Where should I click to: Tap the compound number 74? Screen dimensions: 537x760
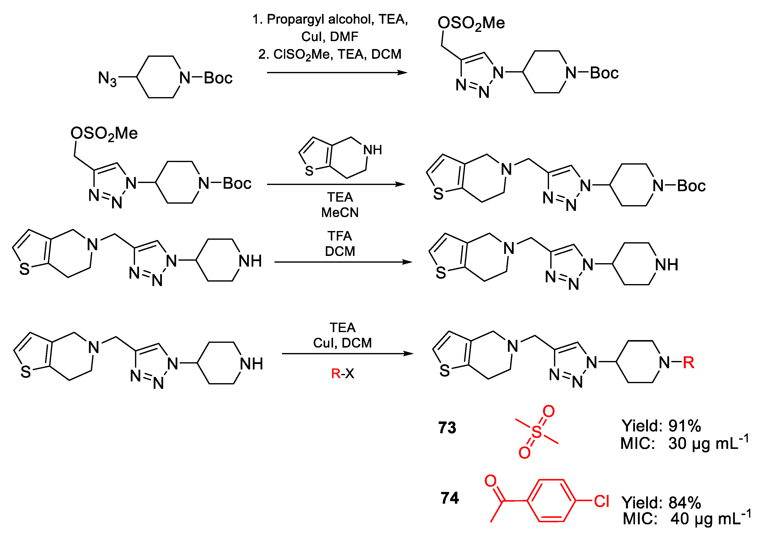(x=450, y=498)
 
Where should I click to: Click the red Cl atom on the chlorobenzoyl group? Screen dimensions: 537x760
(x=601, y=501)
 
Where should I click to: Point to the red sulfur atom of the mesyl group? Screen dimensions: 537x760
(x=537, y=432)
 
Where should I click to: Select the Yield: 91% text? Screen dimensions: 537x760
(x=661, y=426)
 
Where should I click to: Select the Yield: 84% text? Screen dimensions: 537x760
(x=661, y=503)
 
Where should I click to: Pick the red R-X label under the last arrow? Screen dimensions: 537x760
(x=342, y=373)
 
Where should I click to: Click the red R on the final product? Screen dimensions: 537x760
(x=688, y=363)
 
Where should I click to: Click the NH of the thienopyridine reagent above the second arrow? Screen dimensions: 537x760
(x=372, y=150)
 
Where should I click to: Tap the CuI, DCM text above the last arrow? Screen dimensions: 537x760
(x=342, y=343)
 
